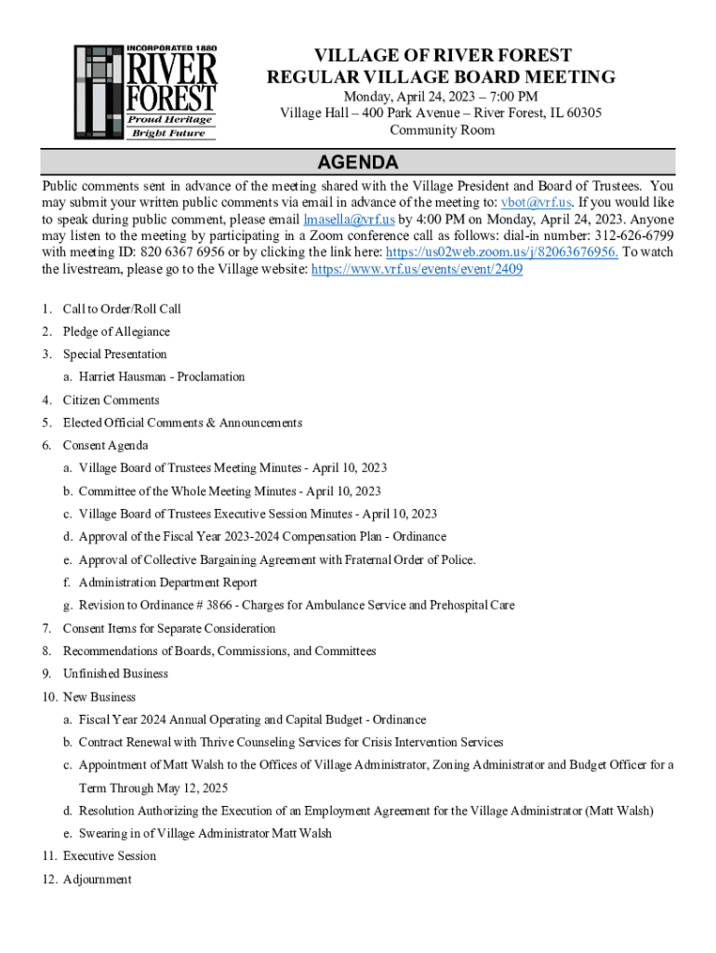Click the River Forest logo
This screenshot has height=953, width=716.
click(146, 92)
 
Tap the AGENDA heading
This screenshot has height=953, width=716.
click(358, 163)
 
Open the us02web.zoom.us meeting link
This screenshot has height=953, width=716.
click(502, 252)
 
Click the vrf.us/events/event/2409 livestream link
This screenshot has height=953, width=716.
click(417, 269)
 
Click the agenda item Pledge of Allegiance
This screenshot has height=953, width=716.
click(116, 331)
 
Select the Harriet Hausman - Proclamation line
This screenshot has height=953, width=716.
click(162, 377)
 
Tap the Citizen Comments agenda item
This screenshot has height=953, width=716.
click(111, 400)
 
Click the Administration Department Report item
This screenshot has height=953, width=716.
click(167, 583)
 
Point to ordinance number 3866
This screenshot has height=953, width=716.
click(219, 605)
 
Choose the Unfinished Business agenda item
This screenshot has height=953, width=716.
click(115, 674)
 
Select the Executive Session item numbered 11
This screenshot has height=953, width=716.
click(109, 856)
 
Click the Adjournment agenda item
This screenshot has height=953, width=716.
click(97, 879)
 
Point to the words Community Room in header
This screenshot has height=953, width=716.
click(442, 130)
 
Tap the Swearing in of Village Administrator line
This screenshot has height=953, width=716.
click(205, 833)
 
